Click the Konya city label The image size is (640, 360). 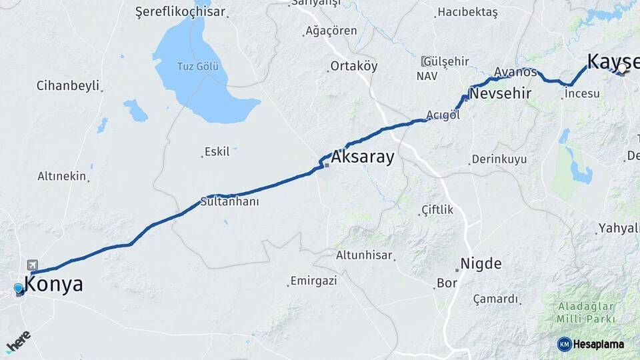(54, 285)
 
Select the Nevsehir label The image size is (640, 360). (500, 94)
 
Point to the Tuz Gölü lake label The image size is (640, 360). (197, 66)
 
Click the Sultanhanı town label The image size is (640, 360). (229, 201)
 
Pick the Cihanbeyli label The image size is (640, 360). (67, 85)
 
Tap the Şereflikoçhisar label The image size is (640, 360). (180, 12)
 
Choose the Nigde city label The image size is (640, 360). (481, 263)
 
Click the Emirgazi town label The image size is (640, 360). (313, 281)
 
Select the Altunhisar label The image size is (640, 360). (363, 255)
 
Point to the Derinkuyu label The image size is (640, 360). (499, 159)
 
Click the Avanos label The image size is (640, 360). (515, 72)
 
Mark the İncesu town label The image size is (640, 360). (582, 94)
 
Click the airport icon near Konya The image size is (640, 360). (33, 265)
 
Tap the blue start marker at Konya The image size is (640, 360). (18, 289)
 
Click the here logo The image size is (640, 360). (18, 341)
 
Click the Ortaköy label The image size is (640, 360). (353, 66)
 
